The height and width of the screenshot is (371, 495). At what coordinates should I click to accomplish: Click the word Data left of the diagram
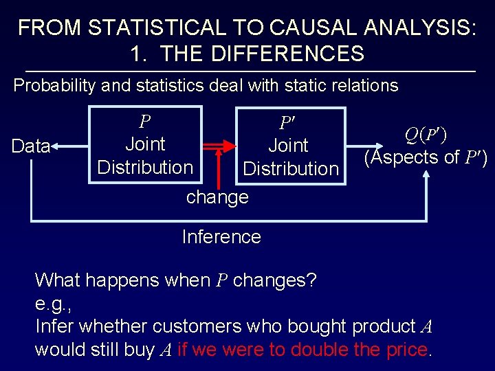tap(32, 146)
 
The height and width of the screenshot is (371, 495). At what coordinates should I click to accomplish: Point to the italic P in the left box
tap(144, 122)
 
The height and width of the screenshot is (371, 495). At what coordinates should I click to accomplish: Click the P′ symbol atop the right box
tap(287, 124)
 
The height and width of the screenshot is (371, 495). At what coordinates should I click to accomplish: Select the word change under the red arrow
tap(217, 197)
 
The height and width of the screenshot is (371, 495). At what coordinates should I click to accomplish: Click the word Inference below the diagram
tap(221, 237)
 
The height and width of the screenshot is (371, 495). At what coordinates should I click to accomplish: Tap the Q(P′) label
tap(426, 135)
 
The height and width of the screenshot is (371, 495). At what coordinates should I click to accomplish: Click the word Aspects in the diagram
tap(410, 157)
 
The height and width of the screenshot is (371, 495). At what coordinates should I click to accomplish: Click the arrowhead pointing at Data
tap(56, 146)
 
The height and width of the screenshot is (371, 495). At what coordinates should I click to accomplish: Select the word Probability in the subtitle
tap(56, 86)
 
